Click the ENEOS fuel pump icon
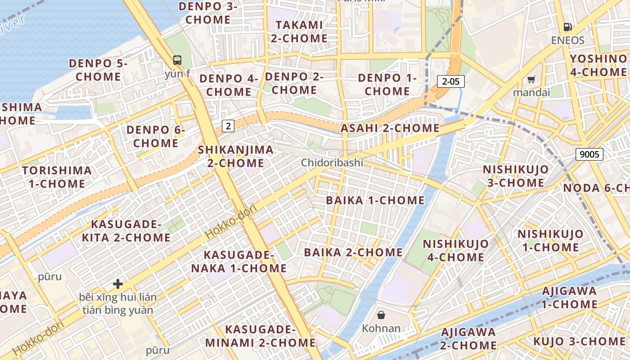pos(568,27)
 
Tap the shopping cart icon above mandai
pos(531,80)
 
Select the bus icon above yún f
pos(177,60)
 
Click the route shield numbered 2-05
pos(450,81)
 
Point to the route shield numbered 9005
pos(589,154)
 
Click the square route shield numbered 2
pos(228,126)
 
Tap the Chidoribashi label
pos(332,162)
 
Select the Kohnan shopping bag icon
pos(381,315)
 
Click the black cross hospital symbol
pos(118,284)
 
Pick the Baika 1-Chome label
pos(375,200)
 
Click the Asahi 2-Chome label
pos(390,128)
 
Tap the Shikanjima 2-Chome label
pos(235,156)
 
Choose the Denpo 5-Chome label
pos(98,70)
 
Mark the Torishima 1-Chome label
pos(57,177)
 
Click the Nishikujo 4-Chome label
pos(455,251)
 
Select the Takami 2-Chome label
pos(299,31)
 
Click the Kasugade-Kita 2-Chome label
pos(126,231)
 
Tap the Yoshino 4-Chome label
pos(598,65)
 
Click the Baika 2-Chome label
pos(353,252)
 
